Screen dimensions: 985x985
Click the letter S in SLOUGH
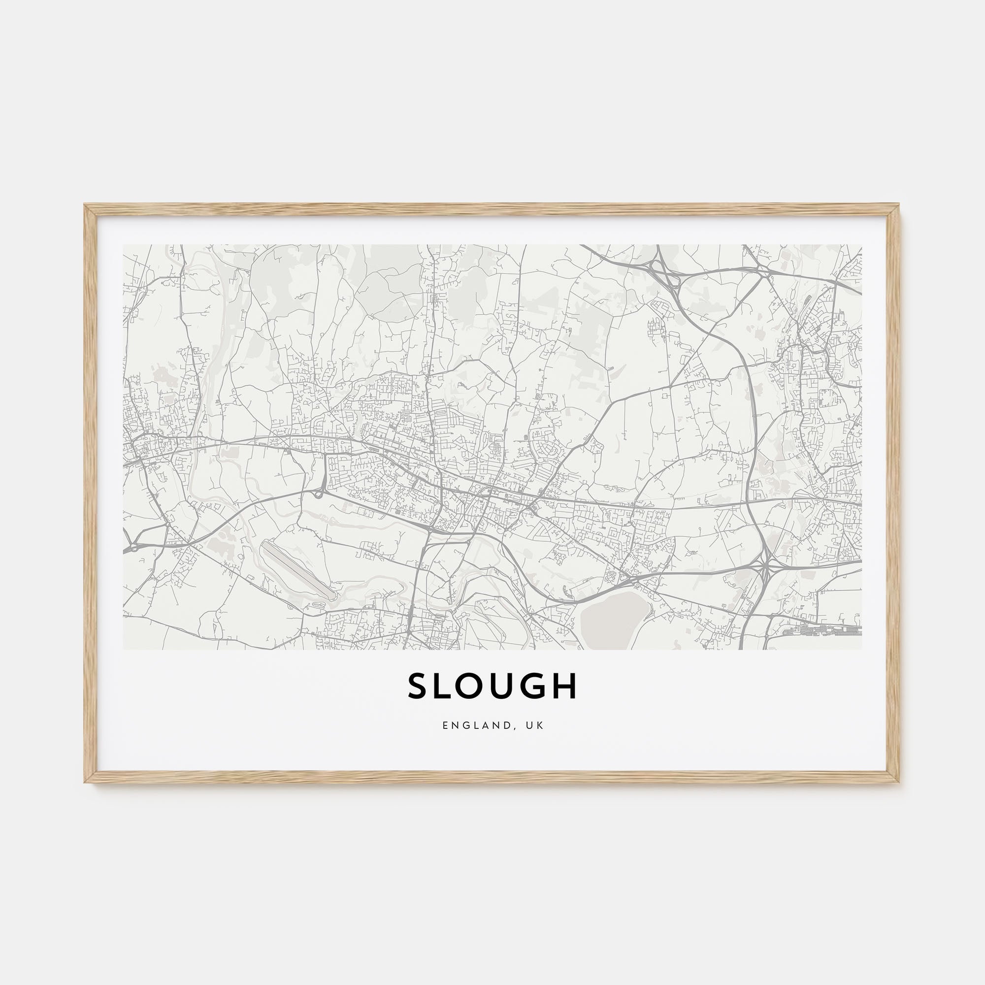point(418,686)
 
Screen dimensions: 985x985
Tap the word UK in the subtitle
point(536,725)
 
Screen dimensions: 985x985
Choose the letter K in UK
point(540,725)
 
